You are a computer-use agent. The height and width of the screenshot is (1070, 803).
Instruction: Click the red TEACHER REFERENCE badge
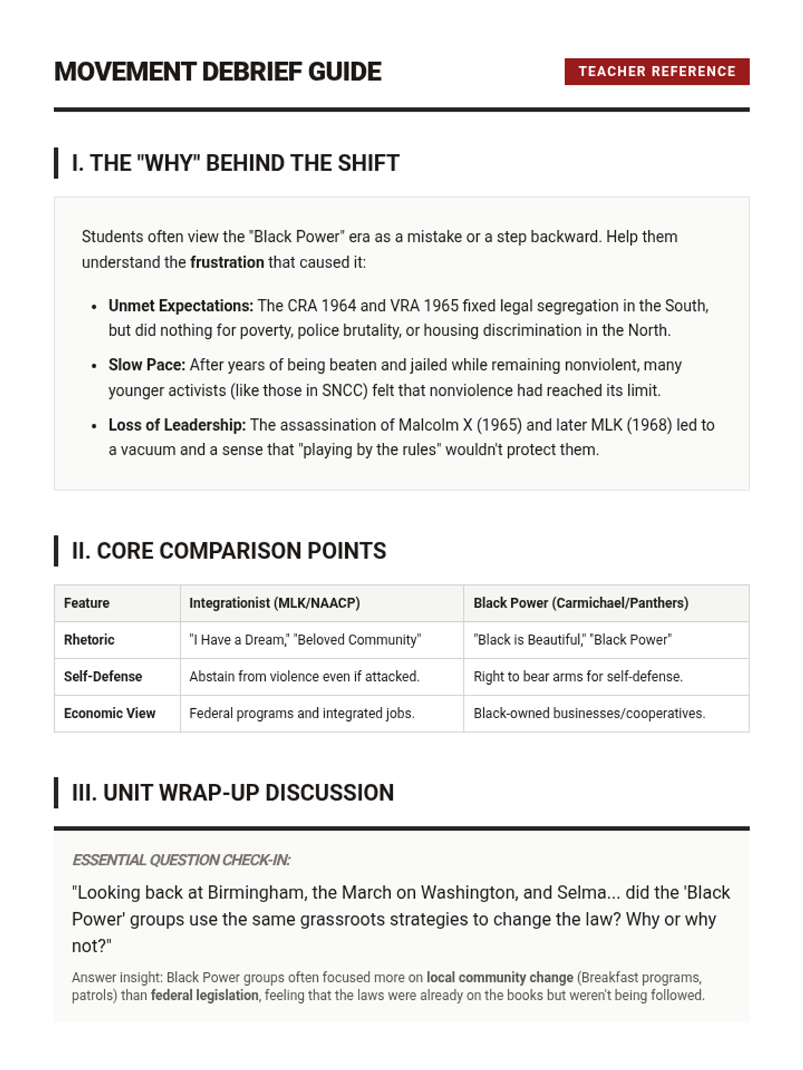656,72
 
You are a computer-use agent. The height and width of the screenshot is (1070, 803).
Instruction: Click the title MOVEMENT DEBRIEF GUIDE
217,72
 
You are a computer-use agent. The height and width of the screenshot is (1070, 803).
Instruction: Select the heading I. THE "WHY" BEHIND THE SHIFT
235,163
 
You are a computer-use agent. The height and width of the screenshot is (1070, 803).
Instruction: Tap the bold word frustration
227,262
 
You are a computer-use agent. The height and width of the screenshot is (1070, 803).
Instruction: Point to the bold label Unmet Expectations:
181,306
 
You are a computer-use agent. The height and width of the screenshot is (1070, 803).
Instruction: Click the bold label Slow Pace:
147,365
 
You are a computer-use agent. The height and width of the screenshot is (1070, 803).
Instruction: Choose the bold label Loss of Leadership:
177,425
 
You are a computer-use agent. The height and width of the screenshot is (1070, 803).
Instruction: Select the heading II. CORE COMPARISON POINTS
229,551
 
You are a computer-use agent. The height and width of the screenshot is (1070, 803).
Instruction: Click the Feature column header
86,603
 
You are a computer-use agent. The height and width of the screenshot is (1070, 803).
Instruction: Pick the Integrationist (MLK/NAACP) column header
274,603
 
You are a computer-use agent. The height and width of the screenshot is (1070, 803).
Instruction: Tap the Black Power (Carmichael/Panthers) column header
581,603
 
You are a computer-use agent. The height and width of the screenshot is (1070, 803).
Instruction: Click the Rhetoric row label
89,640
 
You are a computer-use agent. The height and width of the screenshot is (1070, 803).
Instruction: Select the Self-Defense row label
102,677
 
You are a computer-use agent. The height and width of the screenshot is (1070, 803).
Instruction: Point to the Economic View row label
109,714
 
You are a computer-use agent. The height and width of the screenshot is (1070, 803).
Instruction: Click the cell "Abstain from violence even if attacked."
304,677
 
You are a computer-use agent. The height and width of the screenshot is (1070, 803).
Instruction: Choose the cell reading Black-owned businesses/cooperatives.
589,714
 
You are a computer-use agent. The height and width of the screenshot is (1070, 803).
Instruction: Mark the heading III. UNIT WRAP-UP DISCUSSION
232,793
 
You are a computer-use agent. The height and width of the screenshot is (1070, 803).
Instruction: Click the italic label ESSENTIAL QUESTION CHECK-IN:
181,860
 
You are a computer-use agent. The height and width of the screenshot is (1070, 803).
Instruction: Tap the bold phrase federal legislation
204,996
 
